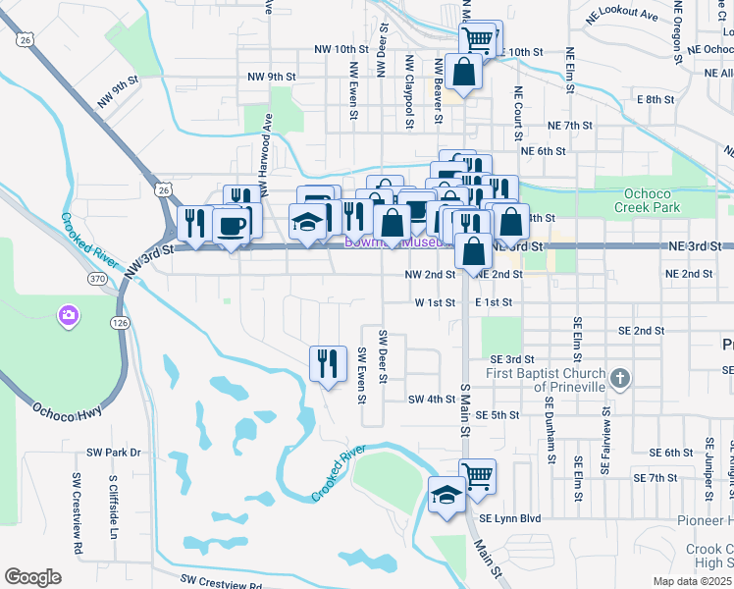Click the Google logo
click(x=32, y=577)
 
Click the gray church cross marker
click(x=619, y=378)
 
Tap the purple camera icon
click(x=70, y=315)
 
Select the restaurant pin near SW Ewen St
click(x=328, y=363)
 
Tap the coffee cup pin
click(x=232, y=225)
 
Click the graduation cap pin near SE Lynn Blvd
click(x=446, y=493)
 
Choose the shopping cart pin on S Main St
click(x=478, y=477)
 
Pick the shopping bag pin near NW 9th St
click(x=462, y=72)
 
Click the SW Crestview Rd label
click(x=222, y=584)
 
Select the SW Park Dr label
click(x=114, y=453)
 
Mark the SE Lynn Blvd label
click(x=509, y=517)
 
